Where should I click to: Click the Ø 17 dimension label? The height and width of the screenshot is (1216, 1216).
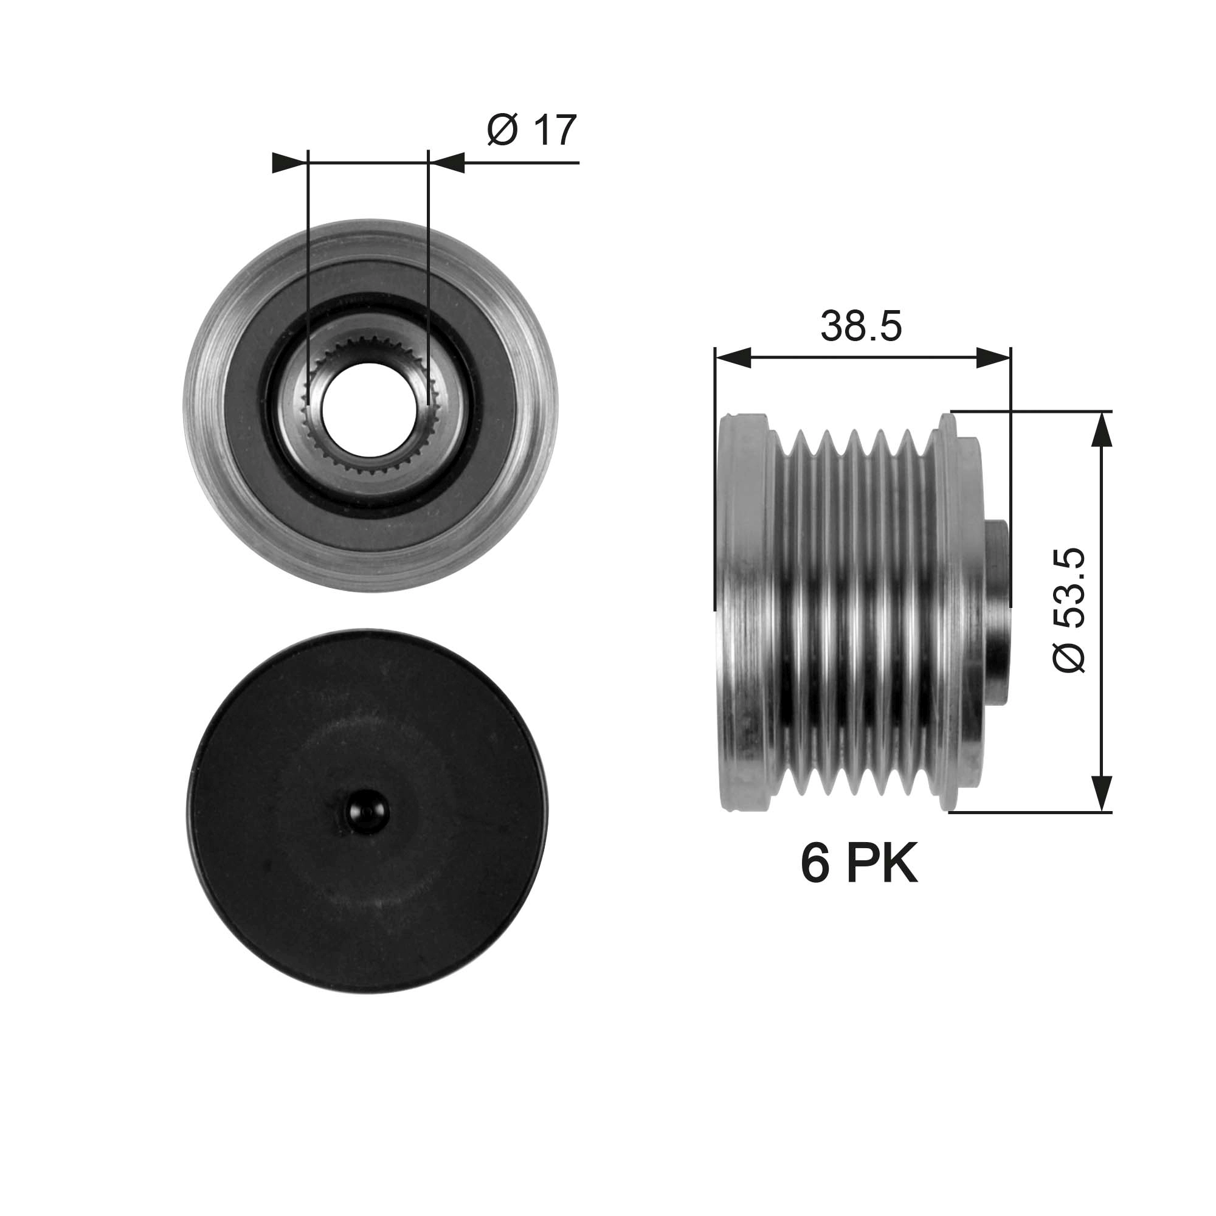coord(532,130)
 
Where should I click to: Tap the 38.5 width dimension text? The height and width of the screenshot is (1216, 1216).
coord(860,326)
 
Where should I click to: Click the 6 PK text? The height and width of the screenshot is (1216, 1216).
coord(858,865)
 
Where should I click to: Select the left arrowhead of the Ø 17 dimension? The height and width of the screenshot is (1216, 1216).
coord(286,163)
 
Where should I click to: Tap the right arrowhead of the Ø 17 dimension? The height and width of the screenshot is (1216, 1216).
coord(449,163)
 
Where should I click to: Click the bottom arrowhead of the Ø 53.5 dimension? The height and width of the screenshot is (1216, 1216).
coord(1099,793)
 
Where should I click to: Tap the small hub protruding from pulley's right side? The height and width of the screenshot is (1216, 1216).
coord(997,610)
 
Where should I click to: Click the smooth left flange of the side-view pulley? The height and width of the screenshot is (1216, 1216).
coord(743,610)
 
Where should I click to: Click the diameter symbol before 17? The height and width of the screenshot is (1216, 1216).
coord(502,130)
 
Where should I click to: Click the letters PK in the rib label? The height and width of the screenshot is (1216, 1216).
coord(881,865)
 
